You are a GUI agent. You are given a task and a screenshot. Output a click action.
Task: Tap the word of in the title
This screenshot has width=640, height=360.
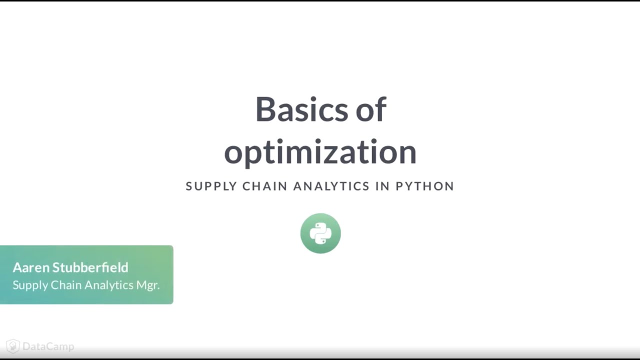pyautogui.click(x=371, y=109)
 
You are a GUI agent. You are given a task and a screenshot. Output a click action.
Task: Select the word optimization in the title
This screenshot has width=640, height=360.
pyautogui.click(x=320, y=152)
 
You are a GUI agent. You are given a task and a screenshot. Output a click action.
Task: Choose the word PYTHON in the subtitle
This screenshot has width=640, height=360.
pyautogui.click(x=424, y=186)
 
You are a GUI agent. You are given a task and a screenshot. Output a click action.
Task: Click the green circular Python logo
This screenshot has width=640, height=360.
pyautogui.click(x=320, y=233)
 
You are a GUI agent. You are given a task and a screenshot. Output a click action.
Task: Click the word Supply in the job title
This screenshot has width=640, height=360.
pyautogui.click(x=30, y=285)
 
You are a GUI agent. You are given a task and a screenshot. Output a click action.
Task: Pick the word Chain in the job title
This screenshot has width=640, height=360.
pyautogui.click(x=66, y=285)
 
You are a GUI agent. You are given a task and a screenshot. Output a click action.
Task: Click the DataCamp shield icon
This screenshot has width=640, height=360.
pyautogui.click(x=12, y=346)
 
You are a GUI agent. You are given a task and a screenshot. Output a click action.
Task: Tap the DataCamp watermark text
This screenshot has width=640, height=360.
pyautogui.click(x=48, y=346)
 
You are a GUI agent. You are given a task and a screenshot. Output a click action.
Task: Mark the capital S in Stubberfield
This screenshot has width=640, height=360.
pyautogui.click(x=56, y=267)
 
